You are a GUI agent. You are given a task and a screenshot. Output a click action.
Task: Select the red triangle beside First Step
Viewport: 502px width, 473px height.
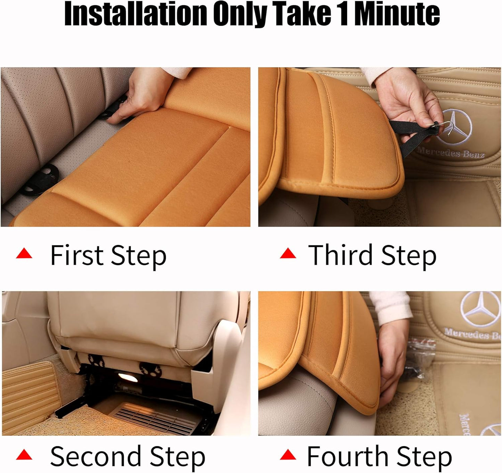tap(24, 254)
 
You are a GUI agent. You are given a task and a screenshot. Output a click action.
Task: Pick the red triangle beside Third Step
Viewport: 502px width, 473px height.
tap(288, 254)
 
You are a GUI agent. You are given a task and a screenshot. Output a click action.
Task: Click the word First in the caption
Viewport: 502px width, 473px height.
tap(77, 255)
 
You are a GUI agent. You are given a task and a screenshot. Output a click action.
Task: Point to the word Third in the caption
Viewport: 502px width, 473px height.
tap(340, 255)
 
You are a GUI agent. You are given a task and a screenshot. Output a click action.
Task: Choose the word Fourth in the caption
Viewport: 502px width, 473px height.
tap(347, 456)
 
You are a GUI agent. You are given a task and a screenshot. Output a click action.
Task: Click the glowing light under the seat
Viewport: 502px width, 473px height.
tap(127, 377)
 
